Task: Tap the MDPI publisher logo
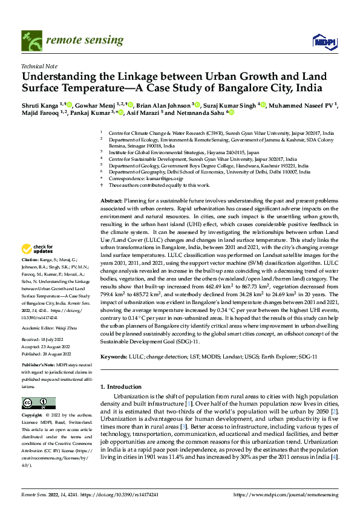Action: click(x=324, y=40)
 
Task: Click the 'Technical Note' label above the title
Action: click(x=38, y=66)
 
